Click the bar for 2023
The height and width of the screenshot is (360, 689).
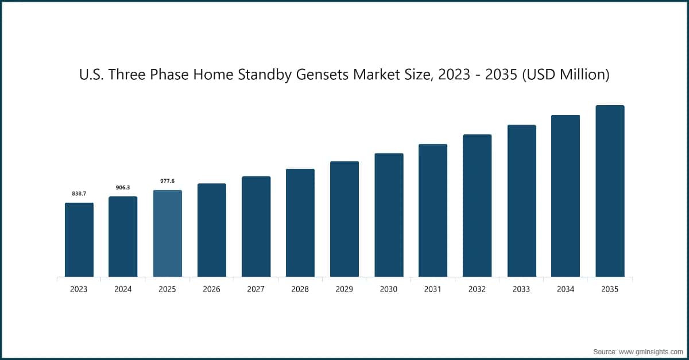pos(79,239)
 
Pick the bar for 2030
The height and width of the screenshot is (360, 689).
pos(389,215)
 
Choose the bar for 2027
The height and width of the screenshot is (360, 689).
pos(256,226)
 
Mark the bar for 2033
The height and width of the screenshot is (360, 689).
pos(521,200)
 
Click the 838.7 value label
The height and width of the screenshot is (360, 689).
pos(79,194)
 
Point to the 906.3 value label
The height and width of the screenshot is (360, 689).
pos(123,187)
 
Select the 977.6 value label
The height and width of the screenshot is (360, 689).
pos(167,181)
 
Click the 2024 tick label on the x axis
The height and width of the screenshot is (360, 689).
pos(123,289)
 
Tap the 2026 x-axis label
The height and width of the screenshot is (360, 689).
pos(211,289)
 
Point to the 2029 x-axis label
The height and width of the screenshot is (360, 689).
pos(344,289)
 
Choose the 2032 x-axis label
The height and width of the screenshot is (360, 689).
pos(477,289)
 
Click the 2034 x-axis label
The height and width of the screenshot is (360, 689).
pos(566,289)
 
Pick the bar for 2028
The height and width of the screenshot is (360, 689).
pos(300,223)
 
